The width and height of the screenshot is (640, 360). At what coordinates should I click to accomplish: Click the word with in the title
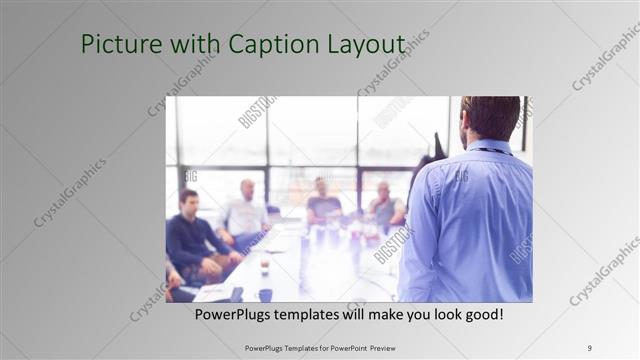[x=189, y=45]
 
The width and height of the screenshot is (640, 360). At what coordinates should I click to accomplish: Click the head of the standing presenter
[x=491, y=116]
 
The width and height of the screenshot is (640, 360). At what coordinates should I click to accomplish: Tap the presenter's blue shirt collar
[x=489, y=148]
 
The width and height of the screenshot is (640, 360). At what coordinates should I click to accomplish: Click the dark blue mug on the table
[x=265, y=294]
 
